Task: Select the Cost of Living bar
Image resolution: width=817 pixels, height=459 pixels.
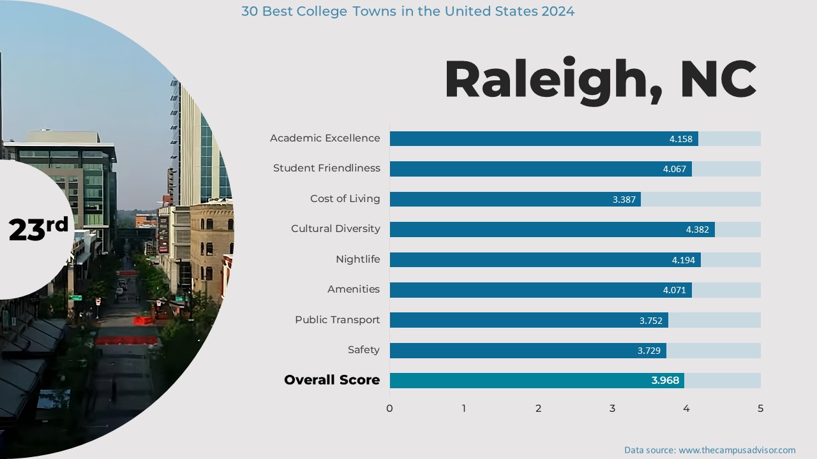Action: coord(514,199)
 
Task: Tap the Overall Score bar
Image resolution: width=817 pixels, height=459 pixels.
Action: coord(536,381)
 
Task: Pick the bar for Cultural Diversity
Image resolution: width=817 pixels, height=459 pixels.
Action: coord(551,229)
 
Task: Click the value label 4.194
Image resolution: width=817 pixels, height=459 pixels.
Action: coord(684,260)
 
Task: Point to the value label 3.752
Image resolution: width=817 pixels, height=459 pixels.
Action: coord(651,321)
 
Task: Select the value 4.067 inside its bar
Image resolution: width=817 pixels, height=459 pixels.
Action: coord(675,169)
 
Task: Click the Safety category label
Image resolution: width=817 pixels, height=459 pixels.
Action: coord(363,349)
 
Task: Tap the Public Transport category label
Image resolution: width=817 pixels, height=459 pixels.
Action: coord(337,319)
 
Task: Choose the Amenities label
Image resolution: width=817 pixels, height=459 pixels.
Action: coord(353,289)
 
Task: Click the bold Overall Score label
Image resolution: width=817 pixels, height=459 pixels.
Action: coord(331,380)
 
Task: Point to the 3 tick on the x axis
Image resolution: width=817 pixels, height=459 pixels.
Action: coord(612,408)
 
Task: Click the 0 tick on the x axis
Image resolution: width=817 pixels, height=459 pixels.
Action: coord(389,408)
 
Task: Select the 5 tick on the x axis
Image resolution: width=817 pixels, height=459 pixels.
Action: coord(760,408)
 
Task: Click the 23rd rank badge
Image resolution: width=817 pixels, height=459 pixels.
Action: coord(38,228)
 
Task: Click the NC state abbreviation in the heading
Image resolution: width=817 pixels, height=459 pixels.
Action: coord(718,80)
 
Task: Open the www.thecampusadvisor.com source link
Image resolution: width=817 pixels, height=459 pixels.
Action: coord(737,450)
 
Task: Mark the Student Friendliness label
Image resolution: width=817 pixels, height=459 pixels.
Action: coord(326,168)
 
